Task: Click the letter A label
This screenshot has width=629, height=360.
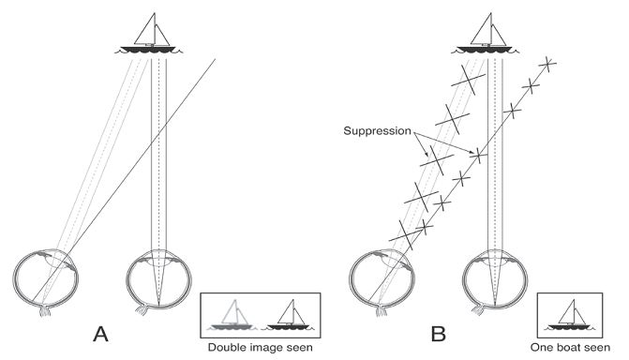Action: (100, 334)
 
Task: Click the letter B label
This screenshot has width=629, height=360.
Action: (438, 334)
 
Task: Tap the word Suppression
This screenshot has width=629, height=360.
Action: (378, 131)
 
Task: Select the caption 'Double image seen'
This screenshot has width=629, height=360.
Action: (260, 347)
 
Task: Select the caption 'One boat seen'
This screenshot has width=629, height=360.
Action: (570, 347)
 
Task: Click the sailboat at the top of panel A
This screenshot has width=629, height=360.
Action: (149, 34)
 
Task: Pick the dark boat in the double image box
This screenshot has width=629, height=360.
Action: (288, 315)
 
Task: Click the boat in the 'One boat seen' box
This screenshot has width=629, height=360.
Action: (570, 315)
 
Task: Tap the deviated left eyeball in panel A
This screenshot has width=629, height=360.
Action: (46, 279)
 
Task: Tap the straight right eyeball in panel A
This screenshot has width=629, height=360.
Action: (158, 279)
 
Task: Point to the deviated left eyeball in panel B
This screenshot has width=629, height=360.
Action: (382, 279)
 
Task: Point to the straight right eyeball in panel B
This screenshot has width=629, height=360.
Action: (495, 279)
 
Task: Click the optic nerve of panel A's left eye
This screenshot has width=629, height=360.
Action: (45, 311)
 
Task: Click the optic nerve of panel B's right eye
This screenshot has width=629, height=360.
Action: (477, 309)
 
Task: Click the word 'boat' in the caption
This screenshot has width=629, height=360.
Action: (570, 347)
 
